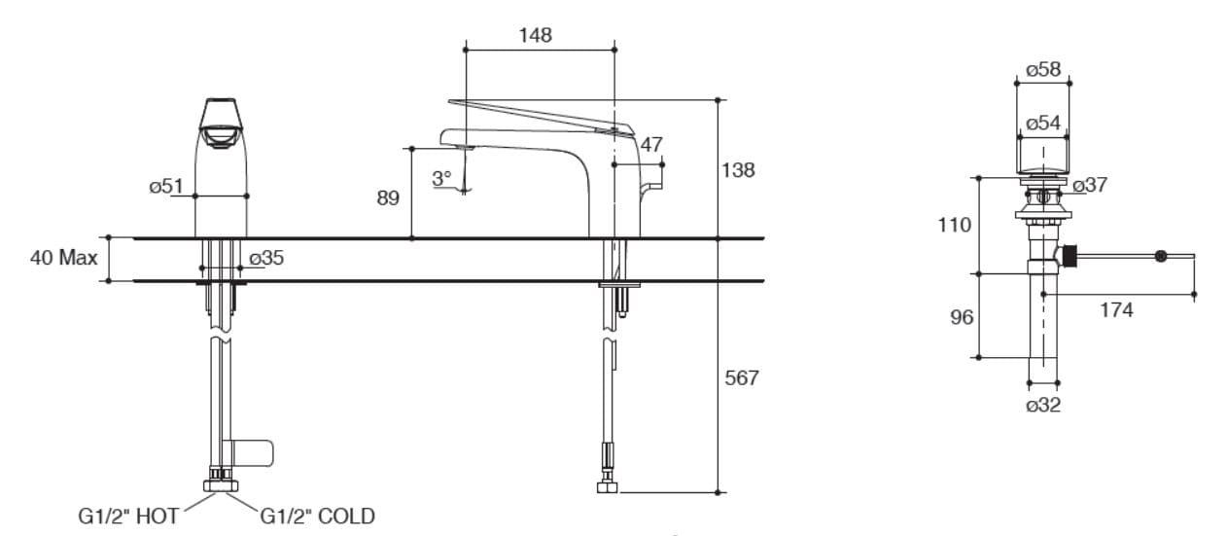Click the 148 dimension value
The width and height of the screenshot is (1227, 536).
tap(535, 35)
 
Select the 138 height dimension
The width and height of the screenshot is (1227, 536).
tap(739, 170)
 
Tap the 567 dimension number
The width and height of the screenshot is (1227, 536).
tap(742, 377)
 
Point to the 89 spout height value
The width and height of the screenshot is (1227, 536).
tap(388, 198)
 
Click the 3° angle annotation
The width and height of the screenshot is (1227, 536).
tap(441, 179)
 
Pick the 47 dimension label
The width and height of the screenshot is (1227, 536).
tap(651, 144)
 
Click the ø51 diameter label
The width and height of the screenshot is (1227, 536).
tap(165, 186)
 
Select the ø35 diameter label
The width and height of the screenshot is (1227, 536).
tap(266, 258)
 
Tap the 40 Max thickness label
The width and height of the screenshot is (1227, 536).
tap(64, 258)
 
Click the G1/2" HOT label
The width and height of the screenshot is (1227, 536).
tap(128, 517)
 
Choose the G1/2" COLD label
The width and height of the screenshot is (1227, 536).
tap(317, 517)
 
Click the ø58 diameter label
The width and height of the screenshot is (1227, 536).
tap(1043, 69)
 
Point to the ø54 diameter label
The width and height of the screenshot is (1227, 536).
tap(1043, 123)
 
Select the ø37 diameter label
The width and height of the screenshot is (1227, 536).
tap(1090, 185)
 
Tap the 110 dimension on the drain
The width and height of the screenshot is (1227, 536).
tap(954, 225)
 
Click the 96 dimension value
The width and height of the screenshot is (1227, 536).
tap(961, 317)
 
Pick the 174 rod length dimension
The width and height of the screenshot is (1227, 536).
tap(1116, 310)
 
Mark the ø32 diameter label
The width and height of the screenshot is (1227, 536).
tap(1043, 405)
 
